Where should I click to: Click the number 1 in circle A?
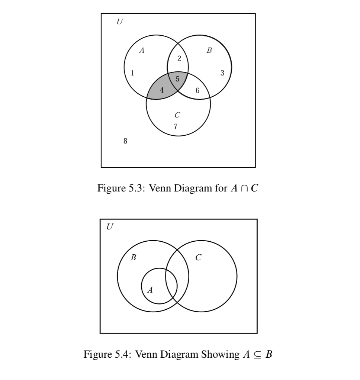pyautogui.click(x=133, y=73)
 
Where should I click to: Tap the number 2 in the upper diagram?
pyautogui.click(x=179, y=58)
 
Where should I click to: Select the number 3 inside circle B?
pyautogui.click(x=222, y=73)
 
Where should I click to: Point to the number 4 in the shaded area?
pyautogui.click(x=162, y=90)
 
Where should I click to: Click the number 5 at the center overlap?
pyautogui.click(x=177, y=79)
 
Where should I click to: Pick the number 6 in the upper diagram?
pyautogui.click(x=197, y=90)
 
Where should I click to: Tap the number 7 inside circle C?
pyautogui.click(x=176, y=126)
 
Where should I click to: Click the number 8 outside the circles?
pyautogui.click(x=125, y=141)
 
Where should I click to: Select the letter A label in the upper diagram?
pyautogui.click(x=142, y=51)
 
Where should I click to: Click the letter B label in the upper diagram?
pyautogui.click(x=209, y=51)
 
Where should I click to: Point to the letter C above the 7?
pyautogui.click(x=177, y=116)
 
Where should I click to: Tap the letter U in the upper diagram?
pyautogui.click(x=119, y=22)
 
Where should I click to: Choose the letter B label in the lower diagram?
pyautogui.click(x=133, y=257)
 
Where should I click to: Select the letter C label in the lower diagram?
pyautogui.click(x=199, y=257)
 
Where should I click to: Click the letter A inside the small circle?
pyautogui.click(x=150, y=290)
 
